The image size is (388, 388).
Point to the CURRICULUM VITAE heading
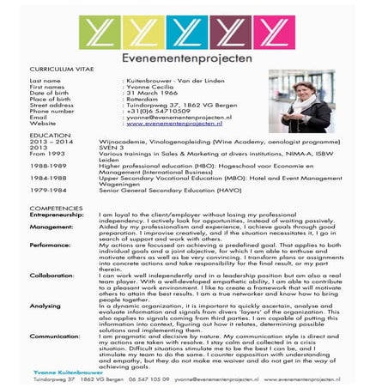59,70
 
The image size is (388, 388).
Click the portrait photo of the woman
301,101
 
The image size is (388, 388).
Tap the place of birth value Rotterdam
142,98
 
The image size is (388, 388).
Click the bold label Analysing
45,305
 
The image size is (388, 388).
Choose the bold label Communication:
55,336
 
